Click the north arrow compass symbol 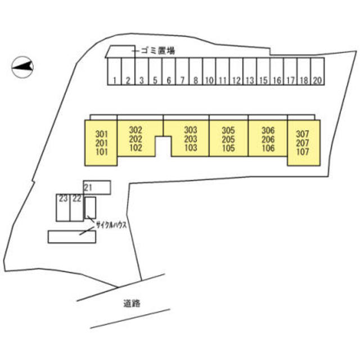[x=22, y=67]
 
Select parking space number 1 [x=114, y=80]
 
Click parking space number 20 [x=317, y=80]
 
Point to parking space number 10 [x=209, y=80]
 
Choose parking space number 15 [x=263, y=80]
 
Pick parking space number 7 [x=182, y=80]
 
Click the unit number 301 [x=101, y=134]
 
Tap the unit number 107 [x=303, y=151]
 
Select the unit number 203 [x=190, y=139]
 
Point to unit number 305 [x=228, y=130]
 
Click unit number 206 [x=268, y=139]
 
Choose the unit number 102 [x=136, y=148]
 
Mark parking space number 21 [x=88, y=187]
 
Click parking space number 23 [x=62, y=199]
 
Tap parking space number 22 [x=76, y=199]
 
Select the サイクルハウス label [x=111, y=224]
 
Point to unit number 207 [x=303, y=143]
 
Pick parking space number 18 [x=303, y=80]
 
